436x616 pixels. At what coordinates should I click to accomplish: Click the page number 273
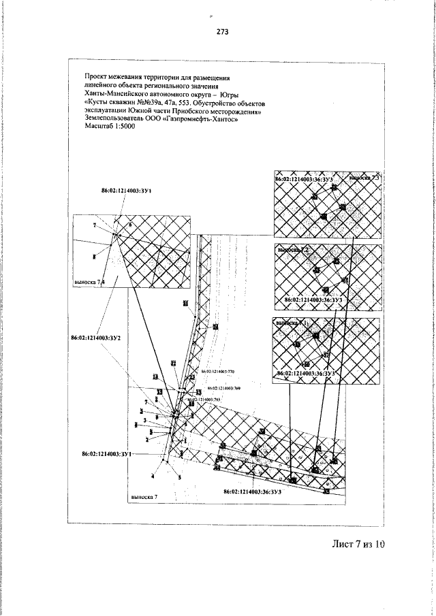[222, 31]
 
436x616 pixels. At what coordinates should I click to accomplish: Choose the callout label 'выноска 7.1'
[291, 323]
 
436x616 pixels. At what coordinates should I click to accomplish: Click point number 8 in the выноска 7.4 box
[93, 257]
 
